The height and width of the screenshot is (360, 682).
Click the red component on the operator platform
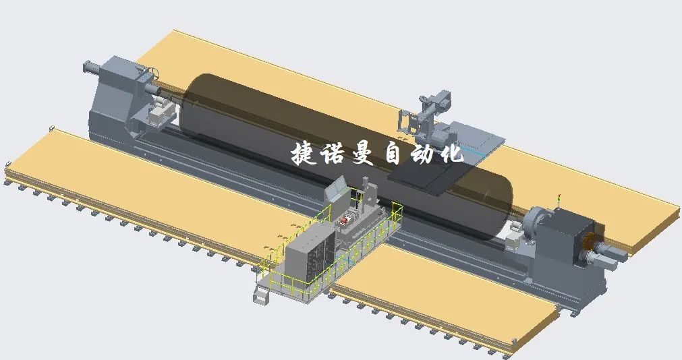click(x=345, y=221)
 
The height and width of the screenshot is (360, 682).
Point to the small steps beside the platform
click(x=262, y=293)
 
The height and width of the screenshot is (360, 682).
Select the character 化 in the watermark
click(x=451, y=153)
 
